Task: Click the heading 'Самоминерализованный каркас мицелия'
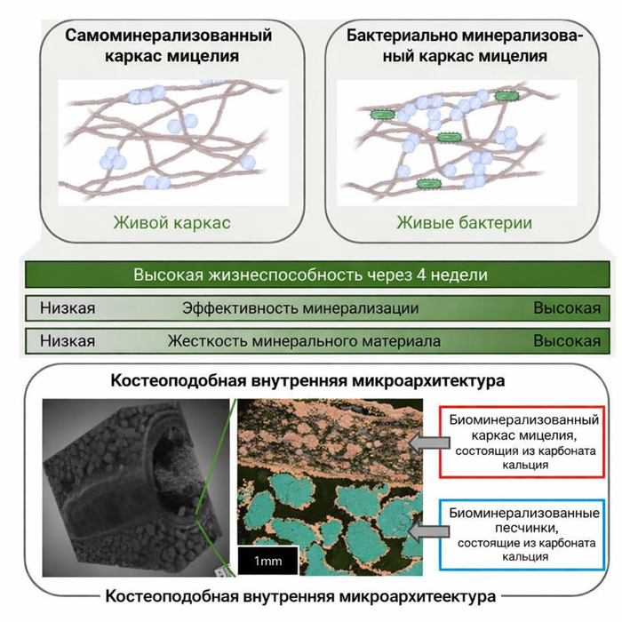point(168,47)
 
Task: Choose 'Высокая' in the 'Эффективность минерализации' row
point(566,308)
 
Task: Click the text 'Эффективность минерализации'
point(300,308)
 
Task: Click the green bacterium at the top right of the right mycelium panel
point(508,94)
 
